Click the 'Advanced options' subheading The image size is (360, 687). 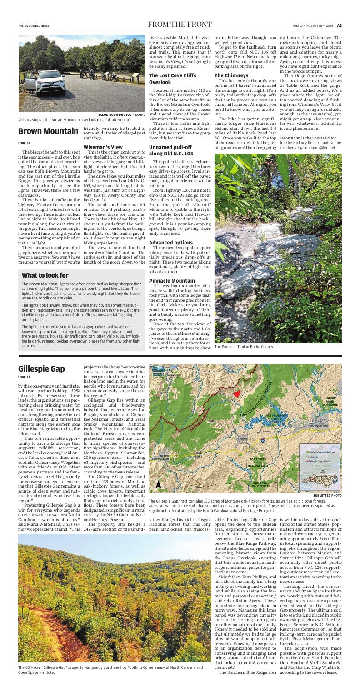171,242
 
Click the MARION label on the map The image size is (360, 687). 242,438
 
